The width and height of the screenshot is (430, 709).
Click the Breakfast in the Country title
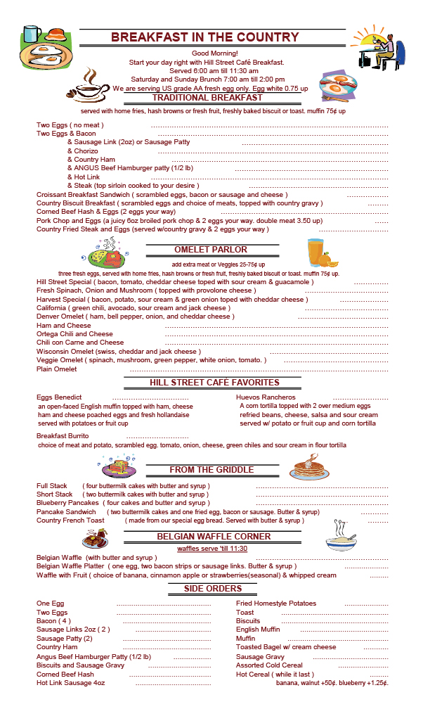(214, 37)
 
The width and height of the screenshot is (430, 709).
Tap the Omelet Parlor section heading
(211, 250)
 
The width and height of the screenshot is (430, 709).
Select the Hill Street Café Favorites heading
(214, 383)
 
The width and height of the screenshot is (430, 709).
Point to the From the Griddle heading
(211, 470)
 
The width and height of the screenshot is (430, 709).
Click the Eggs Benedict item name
(59, 397)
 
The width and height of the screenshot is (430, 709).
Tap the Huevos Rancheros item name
(266, 397)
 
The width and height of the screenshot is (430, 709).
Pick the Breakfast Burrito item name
(63, 436)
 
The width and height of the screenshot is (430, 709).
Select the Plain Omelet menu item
(57, 369)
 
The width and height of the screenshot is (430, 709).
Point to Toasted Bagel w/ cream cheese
(286, 647)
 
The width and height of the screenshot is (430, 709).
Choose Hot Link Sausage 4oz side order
(71, 682)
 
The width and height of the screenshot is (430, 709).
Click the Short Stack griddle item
(55, 494)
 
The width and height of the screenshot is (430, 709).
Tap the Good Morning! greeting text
(214, 53)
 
